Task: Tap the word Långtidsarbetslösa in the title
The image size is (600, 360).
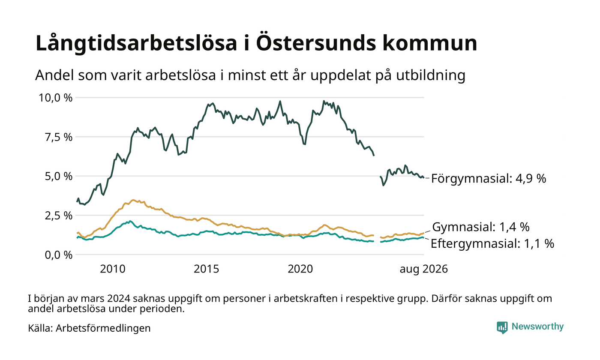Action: pos(136,43)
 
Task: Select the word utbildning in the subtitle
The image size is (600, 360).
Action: pos(431,75)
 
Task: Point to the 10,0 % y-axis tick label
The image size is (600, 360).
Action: pos(56,98)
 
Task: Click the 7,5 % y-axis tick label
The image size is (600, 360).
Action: pos(59,137)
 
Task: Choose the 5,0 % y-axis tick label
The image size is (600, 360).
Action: pos(59,176)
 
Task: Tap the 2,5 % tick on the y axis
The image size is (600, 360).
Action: pos(59,216)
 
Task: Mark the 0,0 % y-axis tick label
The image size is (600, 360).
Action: pos(59,255)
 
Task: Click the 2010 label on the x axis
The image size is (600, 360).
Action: pos(112,269)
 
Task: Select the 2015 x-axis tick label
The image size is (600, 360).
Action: pos(206,269)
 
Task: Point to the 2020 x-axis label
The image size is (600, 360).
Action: pos(300,269)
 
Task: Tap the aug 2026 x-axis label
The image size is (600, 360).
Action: pos(424,269)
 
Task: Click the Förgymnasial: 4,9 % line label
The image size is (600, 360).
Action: pos(489,178)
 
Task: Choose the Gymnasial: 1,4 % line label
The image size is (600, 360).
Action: pos(481,227)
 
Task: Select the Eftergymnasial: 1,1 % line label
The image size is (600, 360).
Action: pos(492,244)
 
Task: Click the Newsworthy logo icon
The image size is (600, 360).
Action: pos(502,327)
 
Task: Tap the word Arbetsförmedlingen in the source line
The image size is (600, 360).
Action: pos(103,328)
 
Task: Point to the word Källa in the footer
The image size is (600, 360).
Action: pos(40,328)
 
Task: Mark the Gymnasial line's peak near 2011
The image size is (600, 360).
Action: pos(133,200)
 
